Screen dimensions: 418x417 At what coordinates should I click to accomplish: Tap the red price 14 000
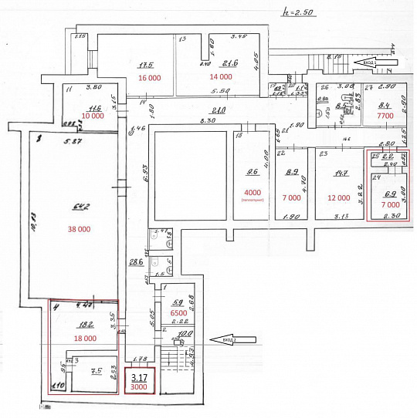coord(220,78)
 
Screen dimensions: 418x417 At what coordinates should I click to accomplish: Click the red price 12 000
coord(337,197)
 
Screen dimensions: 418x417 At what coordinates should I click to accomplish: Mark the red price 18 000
coord(84,338)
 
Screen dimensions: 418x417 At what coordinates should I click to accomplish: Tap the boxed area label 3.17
coord(140,378)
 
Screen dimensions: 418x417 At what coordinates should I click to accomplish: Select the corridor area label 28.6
coord(136,262)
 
